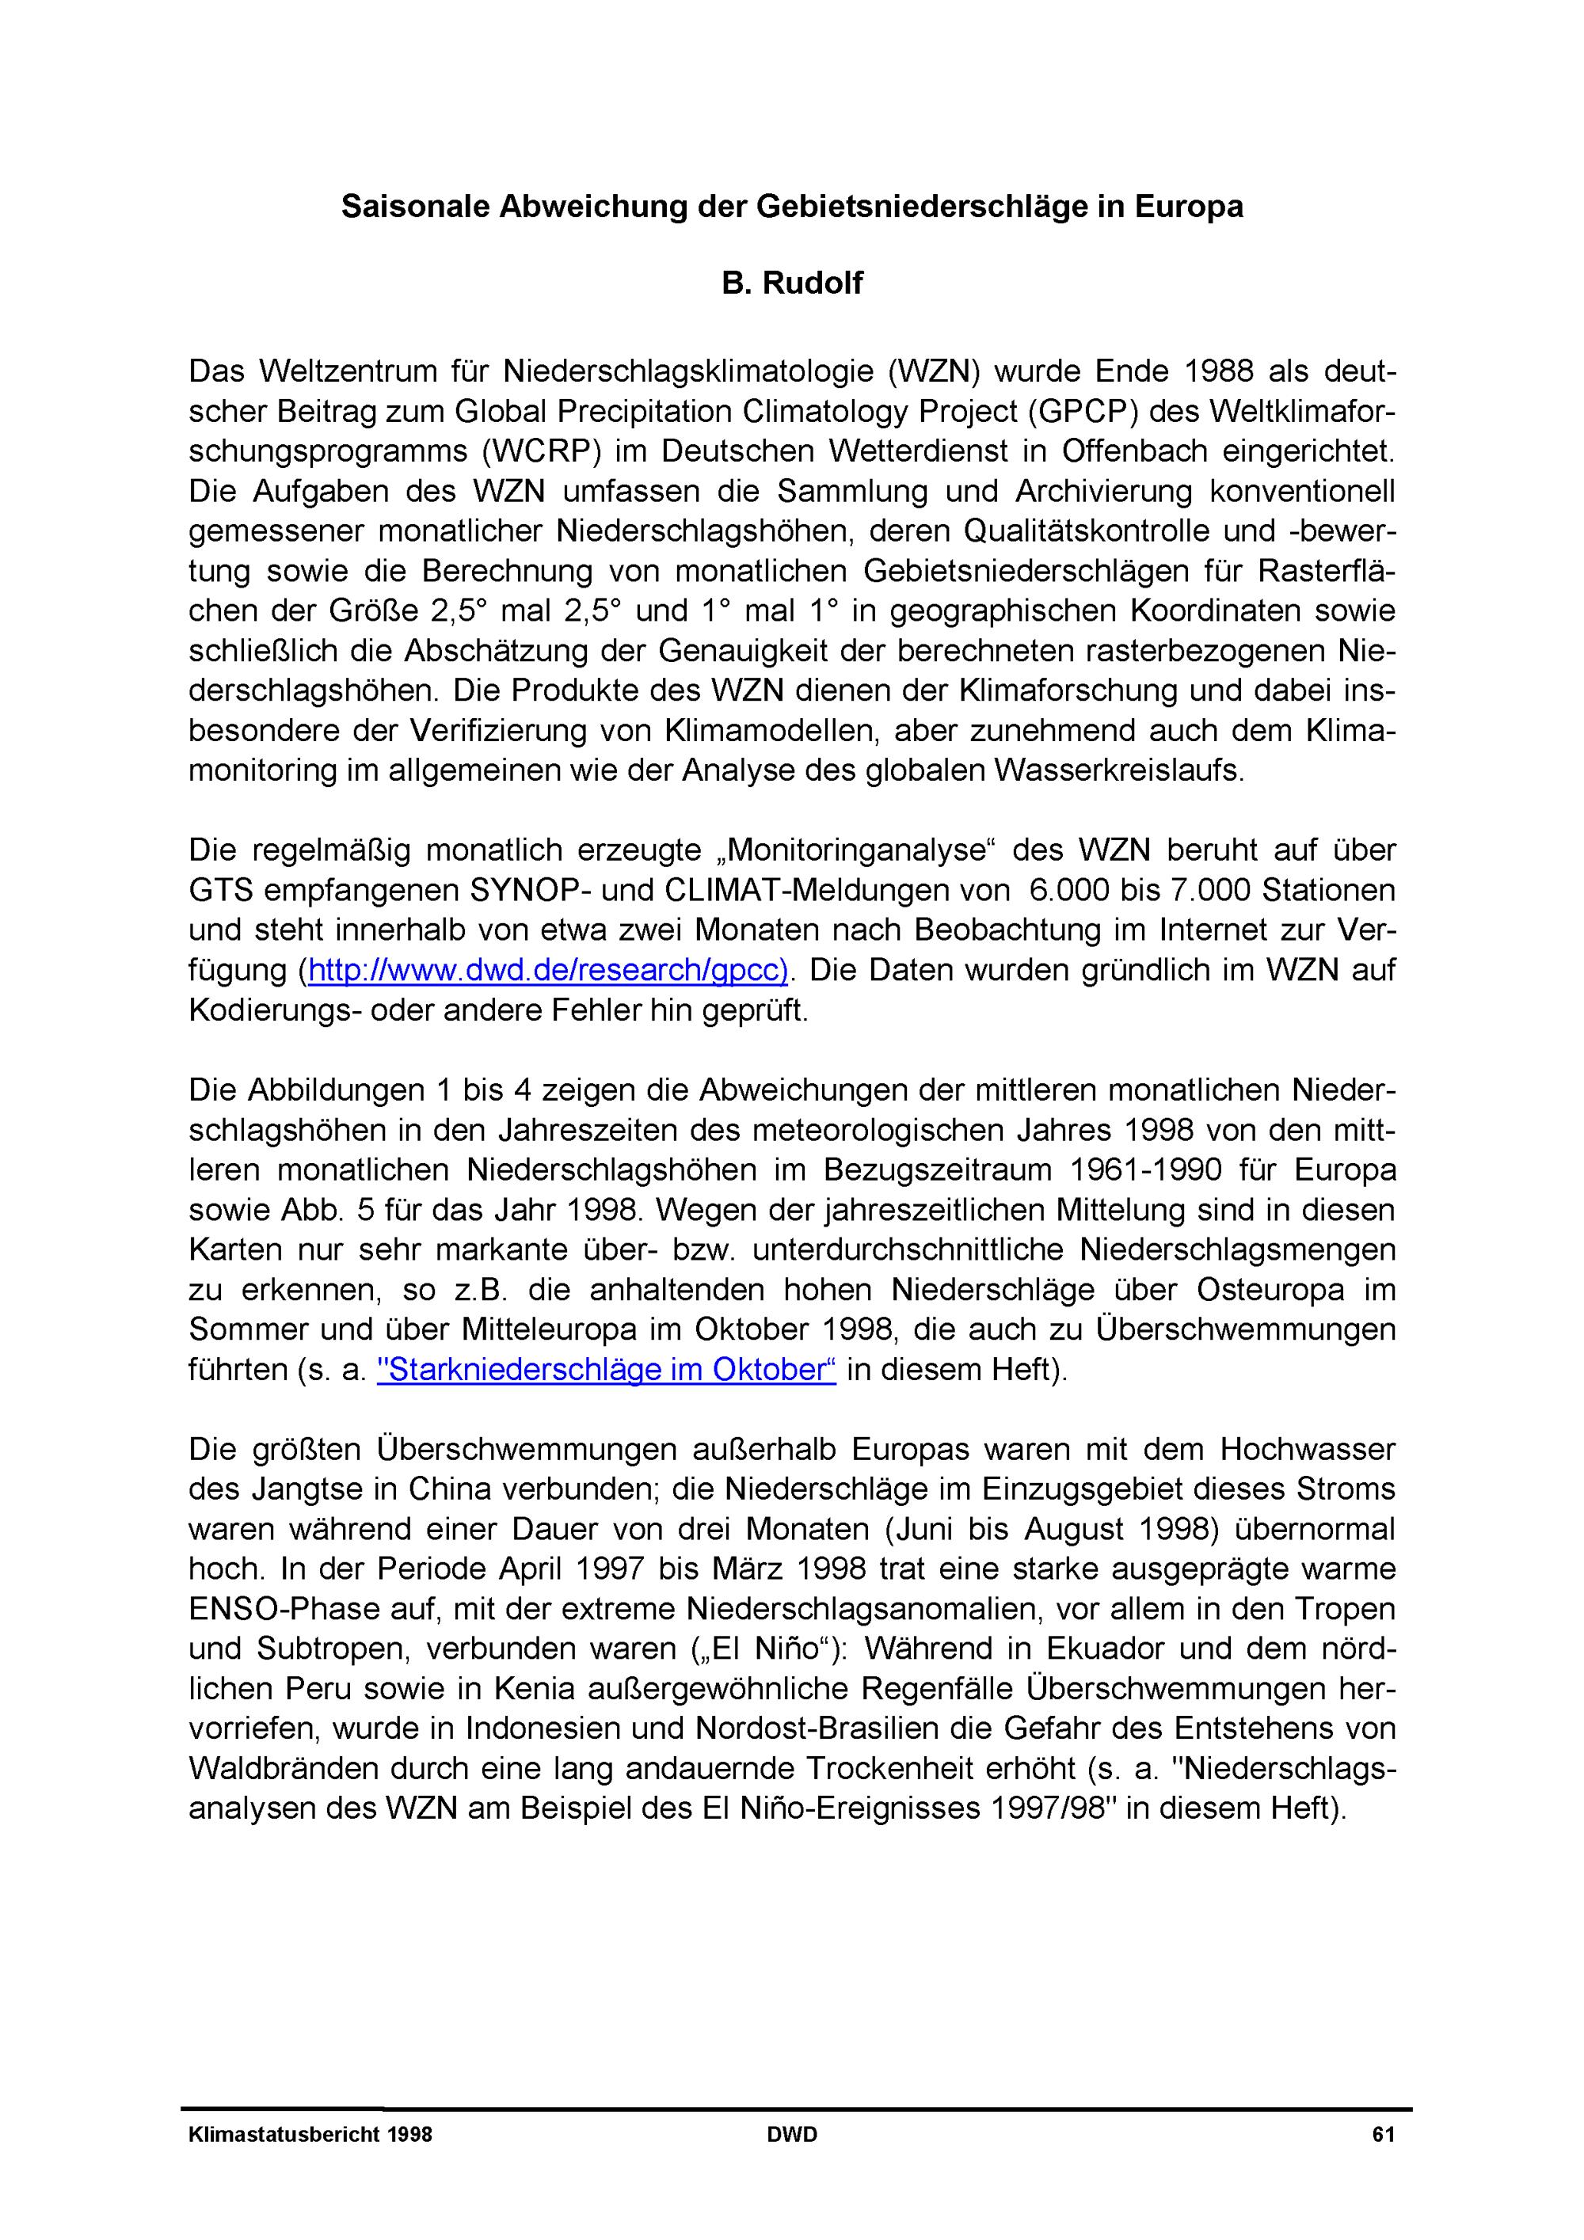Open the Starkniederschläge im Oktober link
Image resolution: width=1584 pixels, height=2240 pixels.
606,1370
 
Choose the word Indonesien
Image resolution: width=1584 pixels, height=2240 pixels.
542,1728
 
